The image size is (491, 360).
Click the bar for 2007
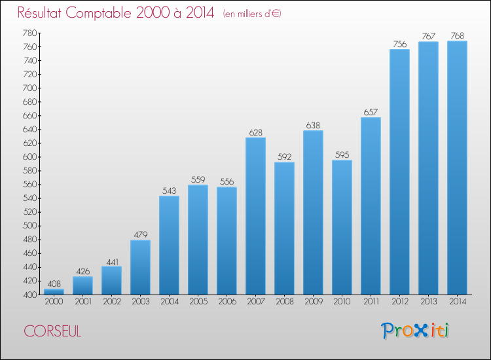[255, 216]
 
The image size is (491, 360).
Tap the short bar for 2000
[54, 291]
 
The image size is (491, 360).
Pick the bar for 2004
[169, 245]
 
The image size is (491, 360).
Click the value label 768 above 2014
[457, 35]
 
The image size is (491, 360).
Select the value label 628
[255, 132]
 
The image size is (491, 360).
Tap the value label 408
[54, 284]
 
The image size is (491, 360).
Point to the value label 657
[371, 112]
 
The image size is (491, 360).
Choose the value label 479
[140, 235]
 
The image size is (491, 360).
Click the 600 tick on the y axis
[29, 156]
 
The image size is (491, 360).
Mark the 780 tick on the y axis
[29, 33]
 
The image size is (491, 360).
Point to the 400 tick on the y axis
[29, 295]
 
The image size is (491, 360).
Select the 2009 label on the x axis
[313, 302]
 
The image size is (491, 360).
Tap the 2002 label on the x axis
[111, 302]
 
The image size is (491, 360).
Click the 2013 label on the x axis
[428, 302]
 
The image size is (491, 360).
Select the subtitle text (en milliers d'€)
[251, 14]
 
